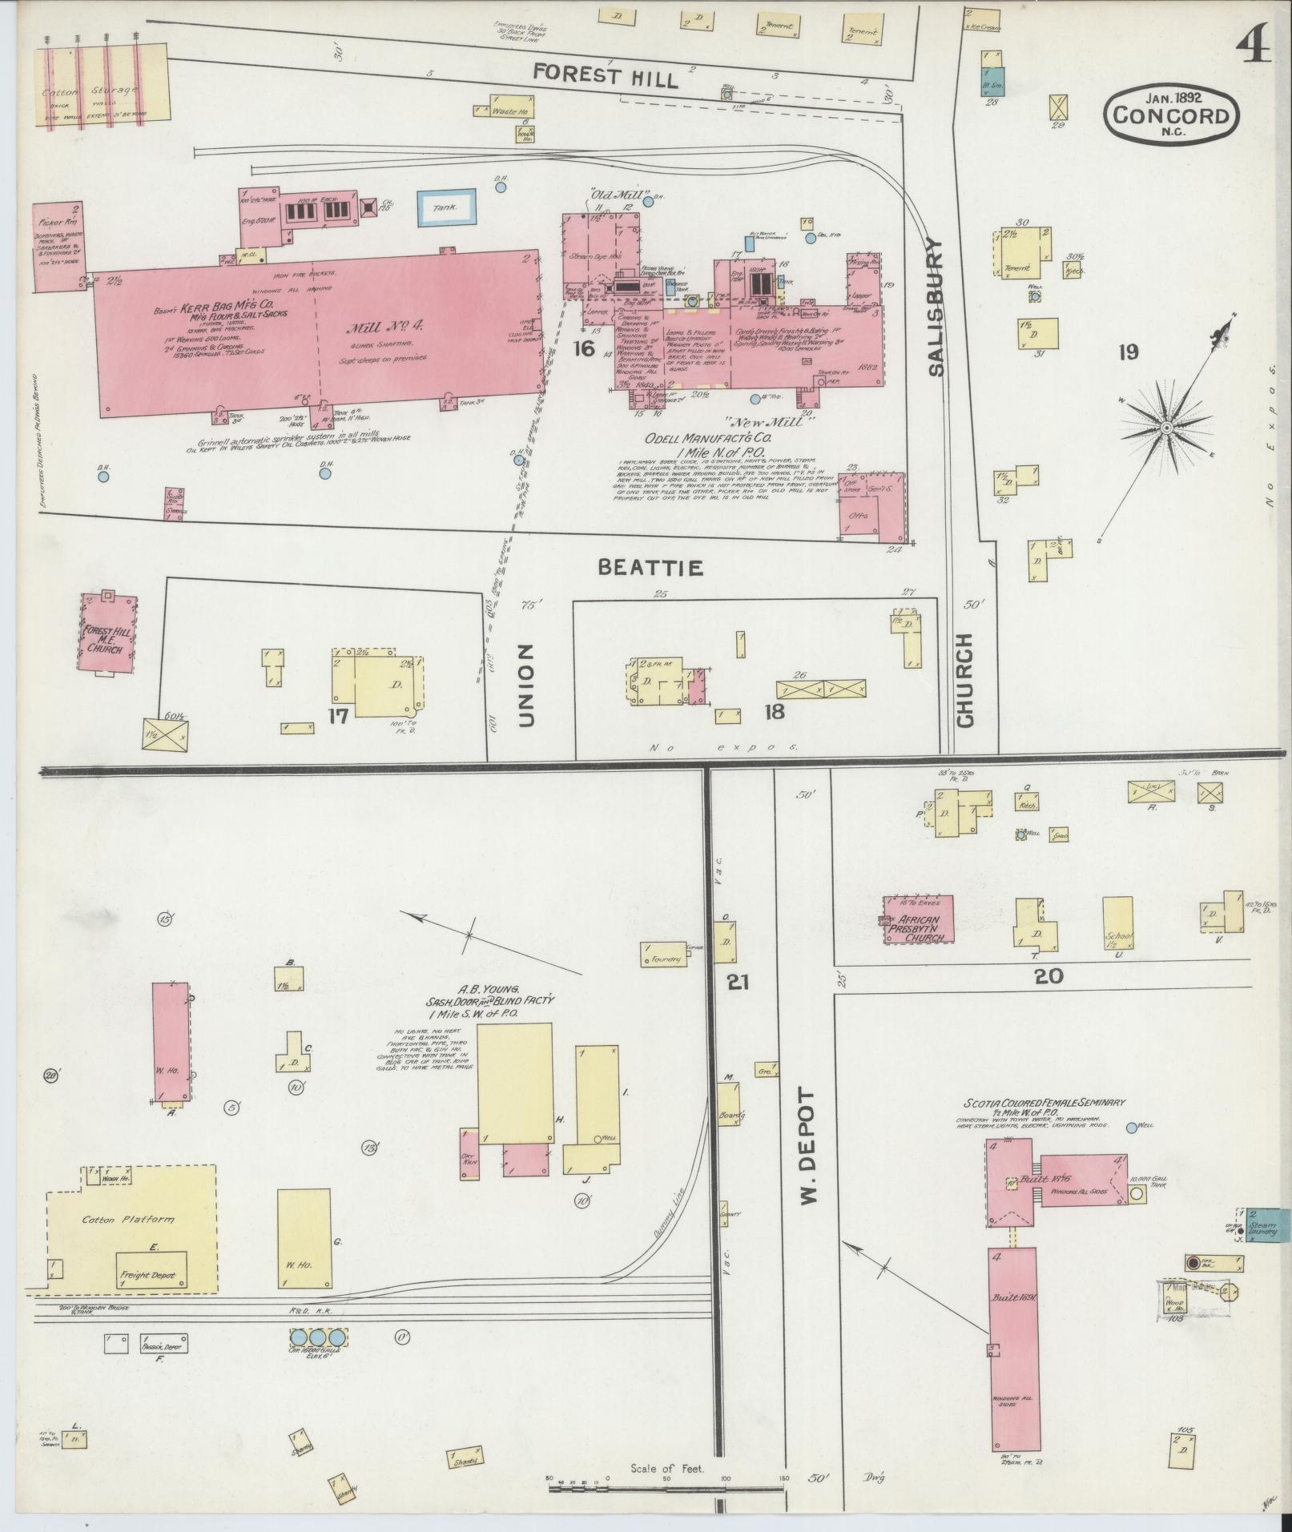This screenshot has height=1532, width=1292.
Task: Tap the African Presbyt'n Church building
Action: (919, 919)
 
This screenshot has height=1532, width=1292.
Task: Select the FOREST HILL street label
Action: (606, 75)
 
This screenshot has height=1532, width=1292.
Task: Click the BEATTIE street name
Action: (651, 568)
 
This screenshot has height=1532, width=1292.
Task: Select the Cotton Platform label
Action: (129, 1219)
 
